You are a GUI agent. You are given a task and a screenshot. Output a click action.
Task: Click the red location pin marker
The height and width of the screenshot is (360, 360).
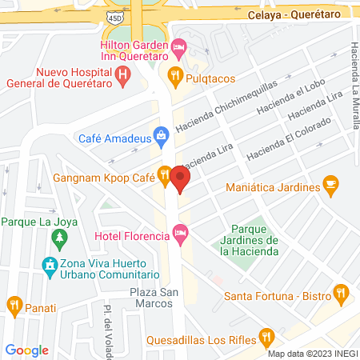coord(182,177)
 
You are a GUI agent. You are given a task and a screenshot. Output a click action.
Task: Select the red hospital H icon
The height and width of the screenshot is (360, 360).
coord(123,76)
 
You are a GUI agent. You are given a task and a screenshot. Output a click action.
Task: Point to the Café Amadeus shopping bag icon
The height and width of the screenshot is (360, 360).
coord(162,134)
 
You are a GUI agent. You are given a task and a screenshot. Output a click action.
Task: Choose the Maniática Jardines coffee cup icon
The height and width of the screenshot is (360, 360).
coord(330,186)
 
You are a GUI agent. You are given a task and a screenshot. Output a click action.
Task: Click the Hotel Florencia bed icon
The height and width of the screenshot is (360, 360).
coord(181,235)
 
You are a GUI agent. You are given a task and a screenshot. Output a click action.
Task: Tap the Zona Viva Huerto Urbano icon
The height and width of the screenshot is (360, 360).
coord(50,264)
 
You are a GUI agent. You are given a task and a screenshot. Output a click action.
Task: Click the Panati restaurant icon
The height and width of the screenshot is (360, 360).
coord(14,304)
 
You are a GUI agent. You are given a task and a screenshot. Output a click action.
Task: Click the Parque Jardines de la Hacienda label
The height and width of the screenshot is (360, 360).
coord(249,240)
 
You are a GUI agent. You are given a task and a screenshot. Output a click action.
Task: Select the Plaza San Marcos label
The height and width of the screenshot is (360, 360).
coord(152,298)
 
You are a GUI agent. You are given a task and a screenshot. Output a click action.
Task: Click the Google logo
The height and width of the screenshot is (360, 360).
coord(26,350)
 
